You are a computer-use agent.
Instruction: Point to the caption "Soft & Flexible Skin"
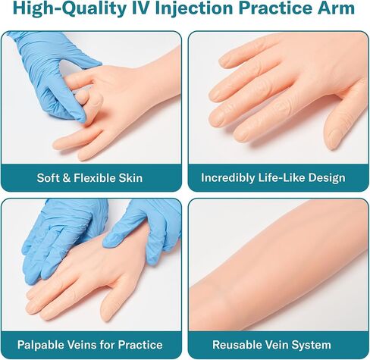[90, 178]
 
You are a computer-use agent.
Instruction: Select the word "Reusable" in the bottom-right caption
[237, 343]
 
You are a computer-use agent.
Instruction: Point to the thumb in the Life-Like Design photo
[337, 125]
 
